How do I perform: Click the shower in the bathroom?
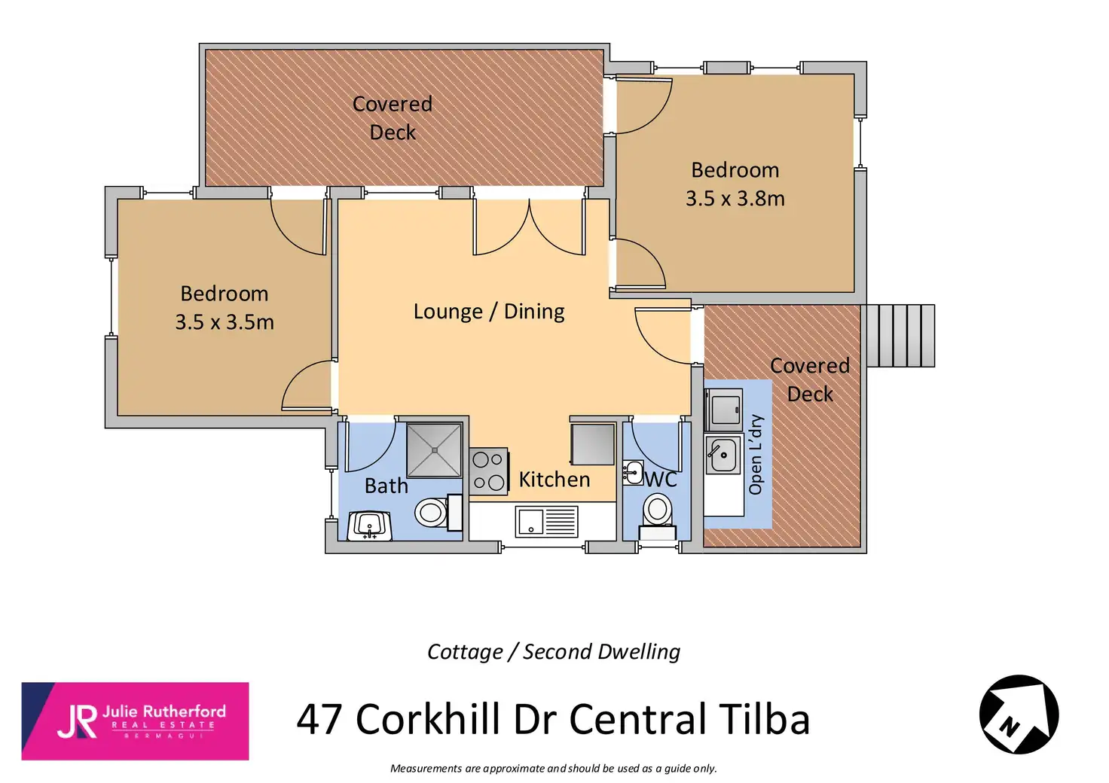point(434,450)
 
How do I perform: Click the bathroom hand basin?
point(369,525)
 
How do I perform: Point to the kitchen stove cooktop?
point(488,471)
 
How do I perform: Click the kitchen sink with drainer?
point(546,521)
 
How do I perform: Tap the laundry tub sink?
point(723,455)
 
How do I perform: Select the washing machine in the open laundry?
point(724,409)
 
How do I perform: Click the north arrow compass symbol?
point(1019,714)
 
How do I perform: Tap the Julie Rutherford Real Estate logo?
point(135,721)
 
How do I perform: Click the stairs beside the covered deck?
point(900,336)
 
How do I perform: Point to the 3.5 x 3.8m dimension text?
point(735,199)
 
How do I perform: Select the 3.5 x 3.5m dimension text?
point(225,322)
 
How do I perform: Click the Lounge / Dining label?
point(489,312)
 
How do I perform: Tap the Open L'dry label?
point(756,455)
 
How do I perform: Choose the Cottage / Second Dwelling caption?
point(553,651)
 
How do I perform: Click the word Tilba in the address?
point(764,719)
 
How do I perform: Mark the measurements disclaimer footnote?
point(553,769)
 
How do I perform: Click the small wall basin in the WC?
point(632,473)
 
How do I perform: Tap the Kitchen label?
point(554,480)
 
